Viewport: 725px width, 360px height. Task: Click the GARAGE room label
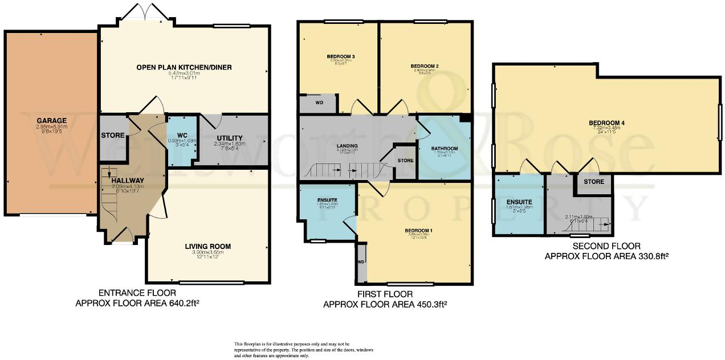click(x=52, y=121)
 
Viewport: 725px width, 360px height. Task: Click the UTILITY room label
click(x=230, y=138)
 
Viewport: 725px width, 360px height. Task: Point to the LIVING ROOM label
click(x=207, y=247)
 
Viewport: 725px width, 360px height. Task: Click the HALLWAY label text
click(x=128, y=181)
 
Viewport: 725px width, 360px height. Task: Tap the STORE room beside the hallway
click(x=113, y=136)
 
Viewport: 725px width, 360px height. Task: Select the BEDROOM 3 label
click(x=341, y=57)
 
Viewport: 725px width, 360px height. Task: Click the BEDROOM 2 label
click(x=425, y=66)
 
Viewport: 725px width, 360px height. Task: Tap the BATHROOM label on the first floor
click(x=444, y=149)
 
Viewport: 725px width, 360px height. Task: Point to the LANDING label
click(x=347, y=146)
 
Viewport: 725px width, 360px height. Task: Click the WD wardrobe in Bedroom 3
click(x=319, y=103)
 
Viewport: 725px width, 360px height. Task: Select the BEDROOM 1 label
click(x=419, y=231)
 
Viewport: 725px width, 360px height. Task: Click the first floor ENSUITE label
click(x=328, y=199)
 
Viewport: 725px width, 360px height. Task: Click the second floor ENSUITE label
click(x=519, y=202)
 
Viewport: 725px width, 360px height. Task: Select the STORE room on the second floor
click(x=593, y=182)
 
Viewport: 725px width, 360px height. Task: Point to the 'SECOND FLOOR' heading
click(x=606, y=247)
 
